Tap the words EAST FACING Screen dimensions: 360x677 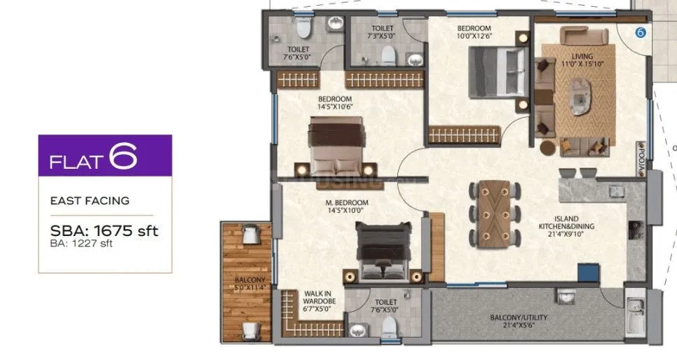click(x=90, y=200)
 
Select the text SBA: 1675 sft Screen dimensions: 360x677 click(x=104, y=230)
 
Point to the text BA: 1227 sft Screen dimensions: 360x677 click(x=81, y=244)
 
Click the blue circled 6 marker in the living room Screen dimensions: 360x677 click(x=639, y=32)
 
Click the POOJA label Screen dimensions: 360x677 click(x=641, y=152)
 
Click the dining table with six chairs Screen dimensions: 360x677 click(x=495, y=212)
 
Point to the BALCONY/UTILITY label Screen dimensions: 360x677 click(x=519, y=321)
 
